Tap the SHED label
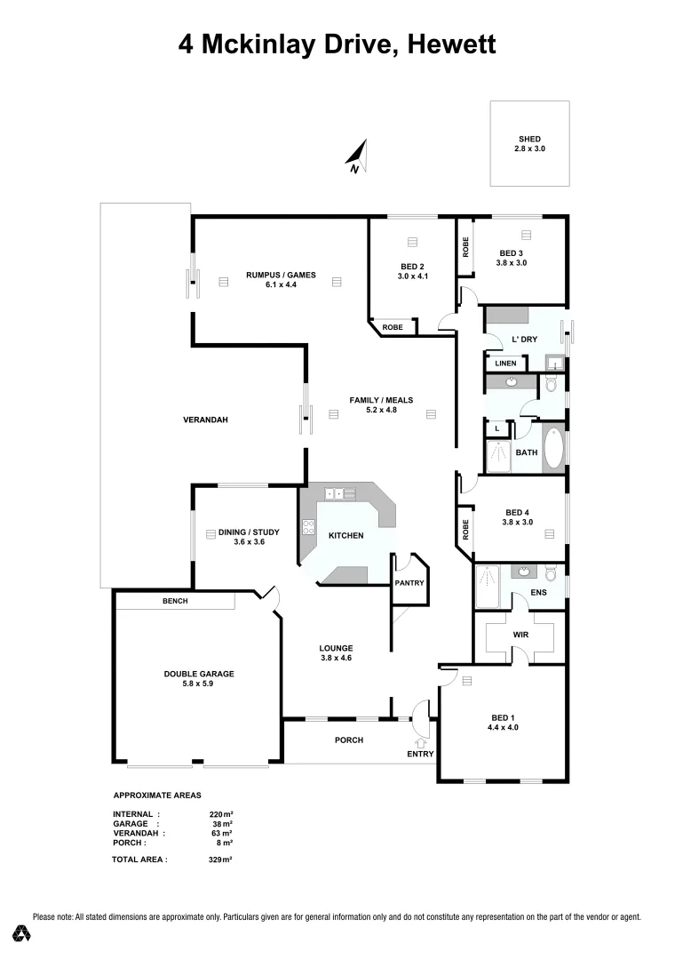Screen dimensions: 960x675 tap(529, 139)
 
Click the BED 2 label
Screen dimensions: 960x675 tap(412, 267)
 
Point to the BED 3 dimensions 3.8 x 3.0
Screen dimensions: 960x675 tap(512, 262)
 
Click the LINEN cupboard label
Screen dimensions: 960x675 tap(505, 364)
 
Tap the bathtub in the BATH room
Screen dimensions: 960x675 tap(552, 449)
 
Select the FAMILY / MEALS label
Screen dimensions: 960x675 tap(381, 400)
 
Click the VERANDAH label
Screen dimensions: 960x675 tap(206, 420)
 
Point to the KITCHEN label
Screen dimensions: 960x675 tap(345, 536)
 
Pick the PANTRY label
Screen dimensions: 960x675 tap(409, 583)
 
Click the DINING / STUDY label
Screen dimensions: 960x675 tap(242, 532)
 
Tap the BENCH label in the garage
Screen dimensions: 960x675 tap(174, 602)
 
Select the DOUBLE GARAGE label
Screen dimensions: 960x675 tap(199, 674)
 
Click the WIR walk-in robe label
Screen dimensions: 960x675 tap(520, 636)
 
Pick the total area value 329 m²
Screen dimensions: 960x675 tap(219, 860)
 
